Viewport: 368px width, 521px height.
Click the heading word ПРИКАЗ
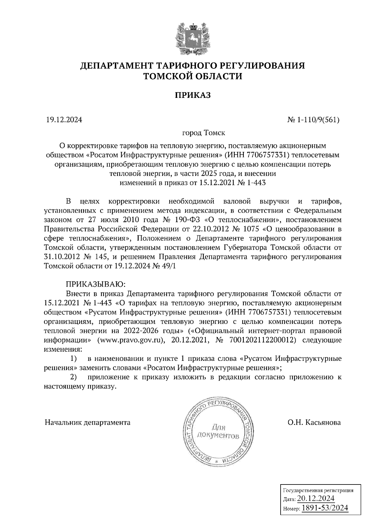tap(193, 95)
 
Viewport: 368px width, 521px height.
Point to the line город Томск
tap(204, 133)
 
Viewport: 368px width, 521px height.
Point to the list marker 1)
tap(73, 358)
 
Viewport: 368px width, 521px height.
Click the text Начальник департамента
tap(88, 423)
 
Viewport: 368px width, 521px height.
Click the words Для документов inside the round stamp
tap(218, 431)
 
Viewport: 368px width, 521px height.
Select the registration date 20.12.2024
tap(316, 498)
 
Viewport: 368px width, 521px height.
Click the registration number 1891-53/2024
tap(325, 508)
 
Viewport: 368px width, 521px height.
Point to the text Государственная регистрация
tap(317, 490)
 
